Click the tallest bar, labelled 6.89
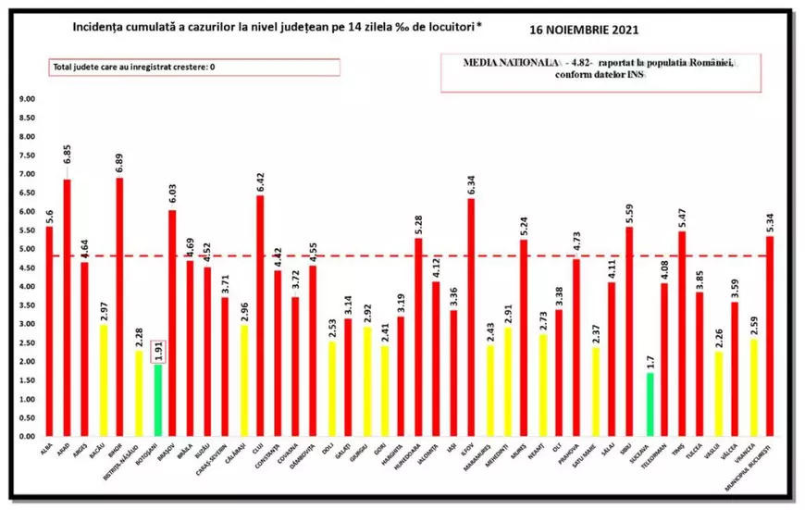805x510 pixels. tap(119, 306)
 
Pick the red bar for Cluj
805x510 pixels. tap(260, 316)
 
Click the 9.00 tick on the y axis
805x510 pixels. tap(27, 99)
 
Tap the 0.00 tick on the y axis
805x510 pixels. tap(27, 437)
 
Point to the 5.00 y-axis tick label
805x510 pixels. tap(27, 249)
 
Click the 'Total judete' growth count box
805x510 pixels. tap(194, 68)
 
